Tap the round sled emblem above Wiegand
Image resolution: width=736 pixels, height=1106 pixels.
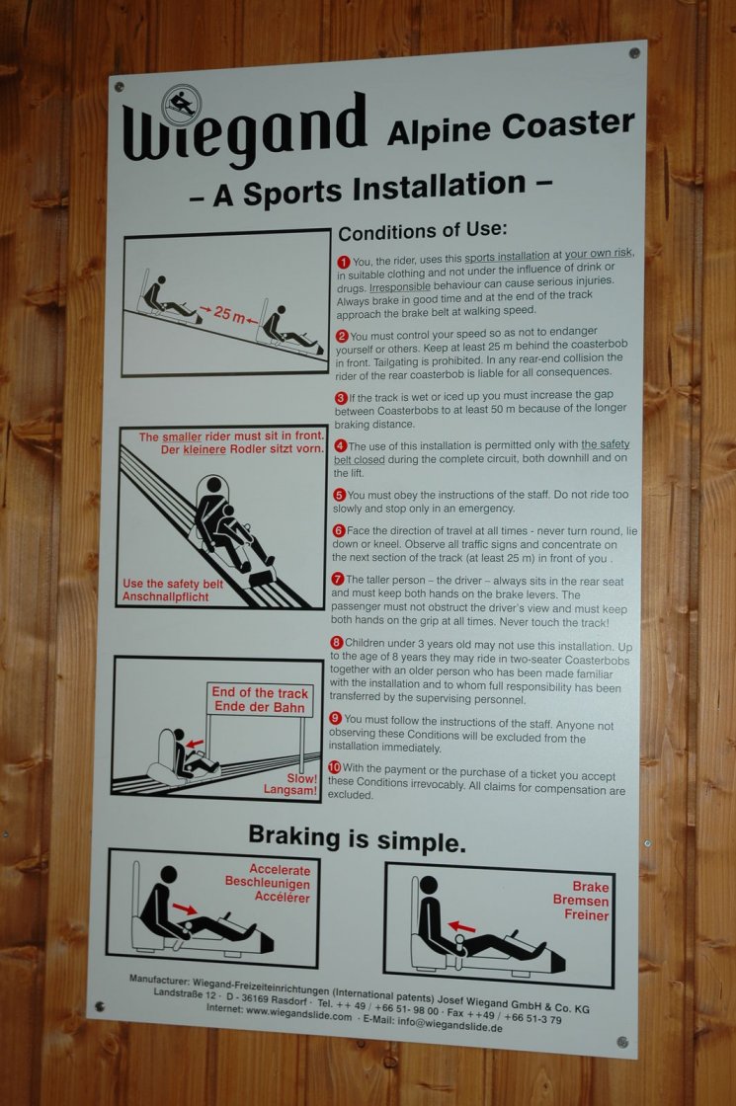click(182, 105)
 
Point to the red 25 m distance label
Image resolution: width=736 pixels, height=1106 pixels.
click(229, 313)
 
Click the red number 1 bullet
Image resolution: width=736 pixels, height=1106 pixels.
click(344, 262)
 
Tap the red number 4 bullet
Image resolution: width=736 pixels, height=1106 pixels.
click(340, 445)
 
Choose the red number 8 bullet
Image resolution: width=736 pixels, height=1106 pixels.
click(337, 643)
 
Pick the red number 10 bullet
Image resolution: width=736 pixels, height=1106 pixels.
click(335, 767)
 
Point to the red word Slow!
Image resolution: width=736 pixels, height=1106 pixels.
click(301, 779)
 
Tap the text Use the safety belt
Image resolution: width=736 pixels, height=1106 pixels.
click(173, 584)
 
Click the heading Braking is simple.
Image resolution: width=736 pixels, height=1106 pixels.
click(357, 838)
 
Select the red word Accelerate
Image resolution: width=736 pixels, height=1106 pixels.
click(280, 870)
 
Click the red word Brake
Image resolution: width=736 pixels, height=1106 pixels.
click(590, 887)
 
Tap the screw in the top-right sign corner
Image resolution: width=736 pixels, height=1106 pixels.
click(633, 53)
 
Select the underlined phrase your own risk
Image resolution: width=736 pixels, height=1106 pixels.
click(599, 253)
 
